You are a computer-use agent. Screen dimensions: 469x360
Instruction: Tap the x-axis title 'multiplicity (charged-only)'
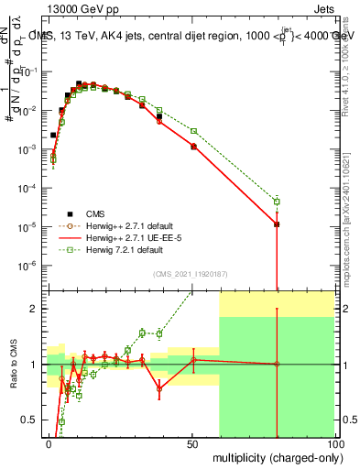273,455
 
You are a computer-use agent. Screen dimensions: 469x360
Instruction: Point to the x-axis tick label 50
191,443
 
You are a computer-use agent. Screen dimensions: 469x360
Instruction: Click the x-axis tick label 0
49,443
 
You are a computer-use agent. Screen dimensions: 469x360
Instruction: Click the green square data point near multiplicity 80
277,202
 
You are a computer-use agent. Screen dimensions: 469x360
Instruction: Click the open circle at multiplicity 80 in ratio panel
277,365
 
